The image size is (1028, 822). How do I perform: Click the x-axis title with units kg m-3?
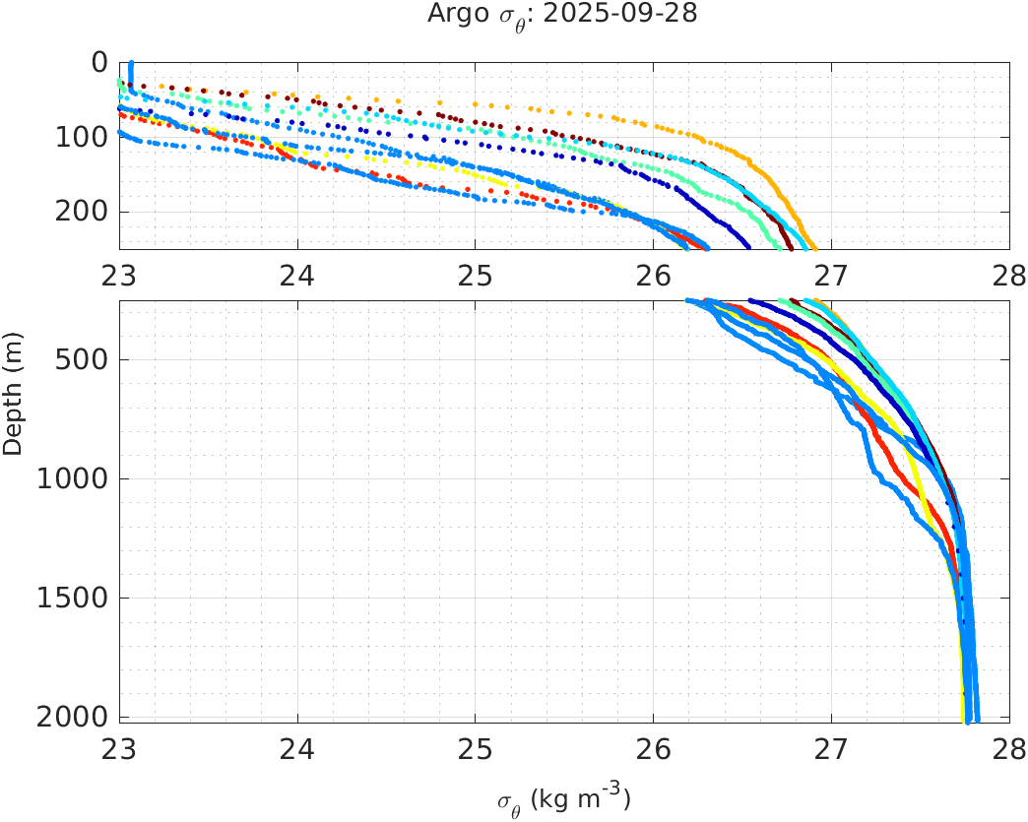[563, 798]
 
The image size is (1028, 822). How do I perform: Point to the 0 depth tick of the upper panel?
[99, 62]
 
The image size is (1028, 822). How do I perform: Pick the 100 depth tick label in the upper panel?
[82, 137]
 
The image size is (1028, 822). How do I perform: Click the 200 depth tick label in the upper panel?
[82, 212]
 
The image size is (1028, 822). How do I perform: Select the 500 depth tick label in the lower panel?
[82, 359]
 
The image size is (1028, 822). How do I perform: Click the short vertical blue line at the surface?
[131, 74]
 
